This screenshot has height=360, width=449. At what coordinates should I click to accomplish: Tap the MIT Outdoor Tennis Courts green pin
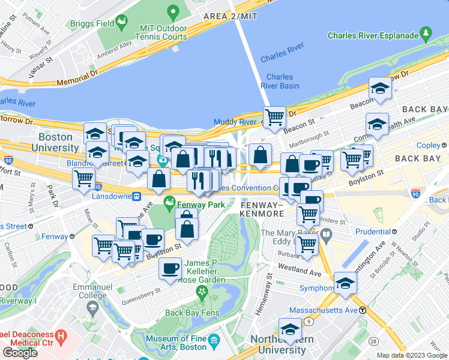coord(173,12)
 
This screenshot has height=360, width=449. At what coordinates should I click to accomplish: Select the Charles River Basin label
coord(280,81)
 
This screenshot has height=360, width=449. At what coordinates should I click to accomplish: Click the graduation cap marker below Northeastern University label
coord(290,329)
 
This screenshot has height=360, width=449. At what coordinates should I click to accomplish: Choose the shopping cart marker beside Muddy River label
coord(274,116)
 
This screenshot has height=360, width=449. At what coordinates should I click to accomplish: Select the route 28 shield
coord(373,341)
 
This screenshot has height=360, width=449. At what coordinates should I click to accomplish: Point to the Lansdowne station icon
coord(137,196)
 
